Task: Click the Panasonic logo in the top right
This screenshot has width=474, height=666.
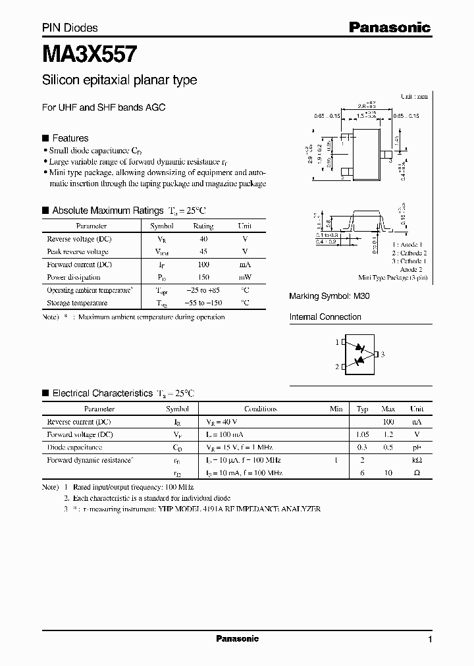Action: pos(389,28)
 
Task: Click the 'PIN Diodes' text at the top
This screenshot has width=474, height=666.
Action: pos(70,28)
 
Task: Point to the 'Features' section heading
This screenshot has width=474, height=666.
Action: pos(70,138)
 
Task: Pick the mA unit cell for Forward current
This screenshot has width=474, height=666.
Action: pos(244,265)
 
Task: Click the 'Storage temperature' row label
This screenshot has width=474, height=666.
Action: pos(77,303)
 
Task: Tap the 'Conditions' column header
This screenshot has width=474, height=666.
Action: pos(261,409)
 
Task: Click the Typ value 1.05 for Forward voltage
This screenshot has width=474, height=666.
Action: pos(362,434)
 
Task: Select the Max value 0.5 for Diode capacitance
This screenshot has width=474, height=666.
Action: pos(389,448)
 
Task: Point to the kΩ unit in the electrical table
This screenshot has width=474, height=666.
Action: pos(417,461)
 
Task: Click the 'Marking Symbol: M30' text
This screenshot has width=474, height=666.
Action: pos(329,297)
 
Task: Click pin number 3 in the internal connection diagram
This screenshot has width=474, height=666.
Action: pos(382,354)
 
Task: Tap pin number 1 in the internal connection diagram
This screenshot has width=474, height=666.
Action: pos(336,342)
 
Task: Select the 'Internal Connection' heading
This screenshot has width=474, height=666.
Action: pos(325,317)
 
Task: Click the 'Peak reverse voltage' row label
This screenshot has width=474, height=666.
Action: pos(78,252)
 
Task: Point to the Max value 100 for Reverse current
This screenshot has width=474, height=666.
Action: pos(389,421)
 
